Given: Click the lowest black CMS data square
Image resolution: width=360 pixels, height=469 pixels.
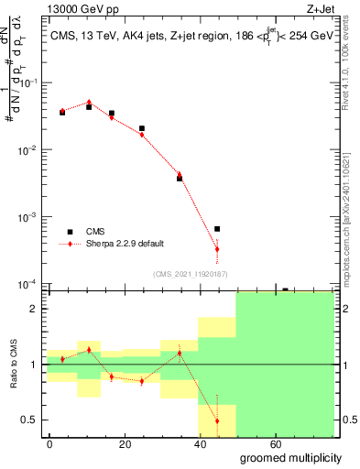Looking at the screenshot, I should click(217, 229).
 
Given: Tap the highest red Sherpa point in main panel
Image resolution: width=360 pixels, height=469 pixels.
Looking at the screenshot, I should click(89, 103).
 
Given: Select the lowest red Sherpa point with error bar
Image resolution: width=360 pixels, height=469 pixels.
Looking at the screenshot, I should click(217, 249).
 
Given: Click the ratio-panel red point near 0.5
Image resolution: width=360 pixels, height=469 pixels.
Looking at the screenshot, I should click(217, 421).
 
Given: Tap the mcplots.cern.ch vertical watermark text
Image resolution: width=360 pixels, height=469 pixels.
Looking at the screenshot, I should click(351, 211).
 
